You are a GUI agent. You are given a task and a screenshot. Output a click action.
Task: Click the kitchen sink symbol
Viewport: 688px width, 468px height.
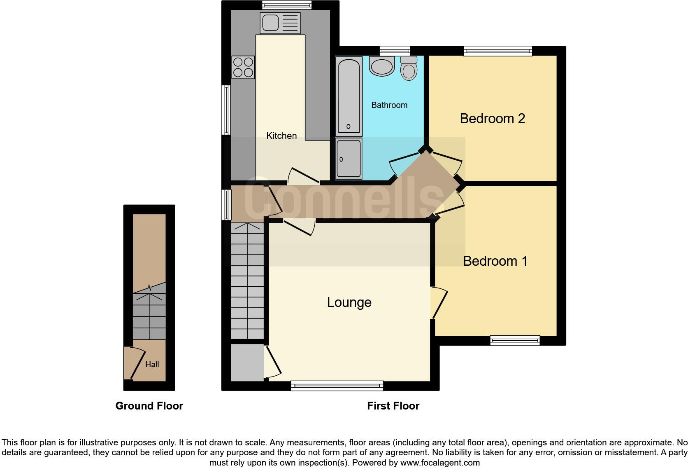point(280,23)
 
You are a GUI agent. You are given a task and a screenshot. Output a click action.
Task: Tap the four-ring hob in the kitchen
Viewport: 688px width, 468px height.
point(243,67)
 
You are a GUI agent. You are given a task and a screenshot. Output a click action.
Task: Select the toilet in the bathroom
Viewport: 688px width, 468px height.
point(409,69)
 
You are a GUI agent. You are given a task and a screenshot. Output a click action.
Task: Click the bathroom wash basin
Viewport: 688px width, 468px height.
point(382,66)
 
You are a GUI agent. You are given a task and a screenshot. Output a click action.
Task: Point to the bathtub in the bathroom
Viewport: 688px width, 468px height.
point(349,96)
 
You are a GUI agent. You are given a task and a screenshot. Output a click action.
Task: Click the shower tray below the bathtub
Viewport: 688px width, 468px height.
point(349,159)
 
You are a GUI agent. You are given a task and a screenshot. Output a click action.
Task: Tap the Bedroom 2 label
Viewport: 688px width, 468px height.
point(492,119)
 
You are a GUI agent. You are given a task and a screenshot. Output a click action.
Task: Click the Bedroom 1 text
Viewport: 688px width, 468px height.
point(495,261)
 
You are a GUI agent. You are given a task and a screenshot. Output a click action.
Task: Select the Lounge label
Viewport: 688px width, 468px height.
point(349,302)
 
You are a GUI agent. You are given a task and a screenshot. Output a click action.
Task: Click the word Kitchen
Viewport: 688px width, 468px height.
point(281,136)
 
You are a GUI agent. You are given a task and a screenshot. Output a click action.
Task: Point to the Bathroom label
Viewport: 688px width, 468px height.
point(389,105)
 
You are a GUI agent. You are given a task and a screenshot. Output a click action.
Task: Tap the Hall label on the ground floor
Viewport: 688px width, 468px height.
point(152,364)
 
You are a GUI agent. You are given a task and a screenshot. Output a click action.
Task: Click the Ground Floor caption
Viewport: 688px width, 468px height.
point(149,406)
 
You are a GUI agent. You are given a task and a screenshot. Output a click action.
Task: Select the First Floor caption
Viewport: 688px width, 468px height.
point(393,406)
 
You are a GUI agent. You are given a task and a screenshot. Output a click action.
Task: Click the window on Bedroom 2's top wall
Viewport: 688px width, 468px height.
point(498,51)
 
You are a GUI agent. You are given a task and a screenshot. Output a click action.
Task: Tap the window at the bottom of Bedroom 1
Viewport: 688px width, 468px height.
point(515,340)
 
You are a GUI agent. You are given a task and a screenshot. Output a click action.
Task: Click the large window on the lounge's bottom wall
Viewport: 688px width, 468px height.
point(337,386)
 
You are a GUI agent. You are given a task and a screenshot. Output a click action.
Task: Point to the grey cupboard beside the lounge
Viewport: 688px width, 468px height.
point(247,363)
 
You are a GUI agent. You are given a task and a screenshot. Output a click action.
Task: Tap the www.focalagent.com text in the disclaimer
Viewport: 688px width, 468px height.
point(440,463)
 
